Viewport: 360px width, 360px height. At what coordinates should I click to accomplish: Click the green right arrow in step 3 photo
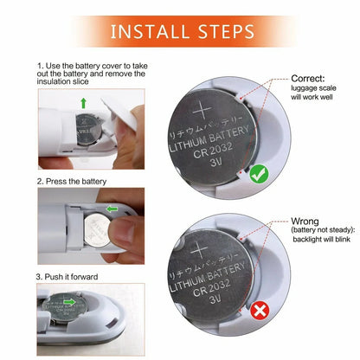click(70, 302)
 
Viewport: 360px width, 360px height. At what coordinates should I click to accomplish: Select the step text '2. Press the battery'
click(72, 182)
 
